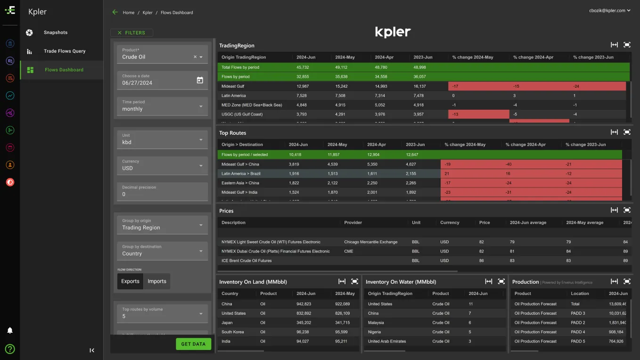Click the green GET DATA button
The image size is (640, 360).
pos(193,344)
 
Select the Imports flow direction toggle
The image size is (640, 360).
pos(157,281)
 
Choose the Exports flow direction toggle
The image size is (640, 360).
pos(130,281)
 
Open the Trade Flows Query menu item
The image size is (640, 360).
pos(65,51)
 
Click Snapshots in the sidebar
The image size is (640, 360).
pos(56,33)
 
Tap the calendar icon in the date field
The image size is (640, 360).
pos(200,81)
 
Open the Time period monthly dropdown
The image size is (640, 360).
pos(162,106)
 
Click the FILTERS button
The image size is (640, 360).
pos(131,33)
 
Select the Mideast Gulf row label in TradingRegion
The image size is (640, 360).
pos(233,86)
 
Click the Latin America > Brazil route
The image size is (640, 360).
pos(241,174)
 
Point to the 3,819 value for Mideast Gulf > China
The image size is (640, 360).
pos(294,164)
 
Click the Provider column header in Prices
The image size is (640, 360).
pos(353,222)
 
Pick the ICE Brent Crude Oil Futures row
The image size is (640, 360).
pos(246,261)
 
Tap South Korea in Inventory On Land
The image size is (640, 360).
pos(233,332)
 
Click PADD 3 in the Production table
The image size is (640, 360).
pos(577,313)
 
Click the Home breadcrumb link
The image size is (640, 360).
pos(129,13)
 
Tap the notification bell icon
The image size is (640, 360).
pos(10,330)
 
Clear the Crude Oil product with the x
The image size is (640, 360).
pos(195,57)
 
